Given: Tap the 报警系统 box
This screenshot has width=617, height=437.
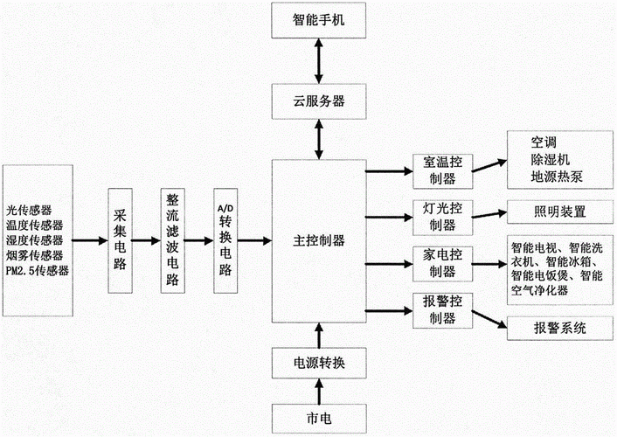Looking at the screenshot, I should (x=559, y=329).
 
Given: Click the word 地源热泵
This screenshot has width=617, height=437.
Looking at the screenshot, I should (x=557, y=177).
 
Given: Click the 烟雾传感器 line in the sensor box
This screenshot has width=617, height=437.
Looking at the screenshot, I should (x=34, y=255).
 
